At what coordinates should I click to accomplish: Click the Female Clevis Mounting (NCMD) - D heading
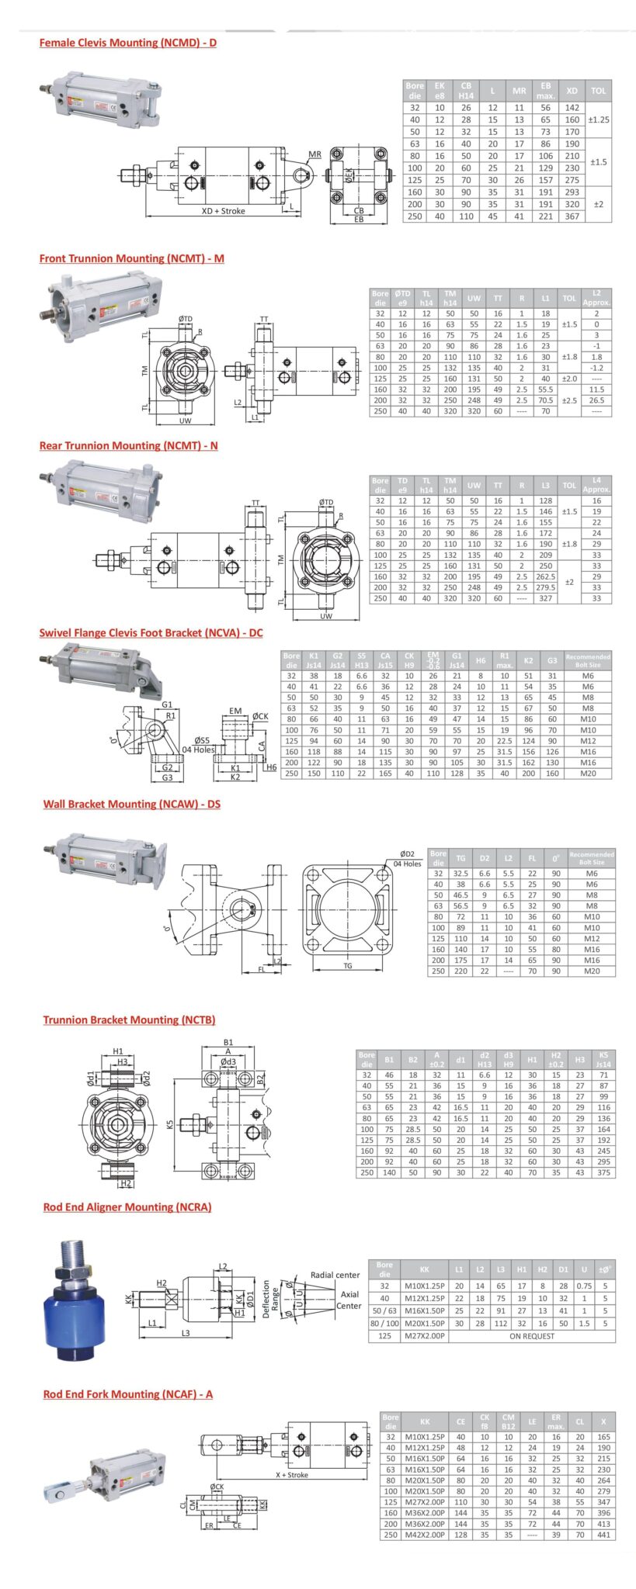(x=127, y=43)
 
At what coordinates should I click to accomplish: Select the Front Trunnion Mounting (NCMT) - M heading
(x=131, y=258)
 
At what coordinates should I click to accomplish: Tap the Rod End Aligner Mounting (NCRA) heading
(x=127, y=1206)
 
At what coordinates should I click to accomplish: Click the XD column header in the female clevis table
(x=572, y=91)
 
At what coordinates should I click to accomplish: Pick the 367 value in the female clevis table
(x=572, y=216)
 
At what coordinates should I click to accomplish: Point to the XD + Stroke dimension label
(x=223, y=211)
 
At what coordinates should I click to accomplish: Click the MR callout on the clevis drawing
(x=315, y=154)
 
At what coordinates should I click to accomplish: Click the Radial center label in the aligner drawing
(x=335, y=1275)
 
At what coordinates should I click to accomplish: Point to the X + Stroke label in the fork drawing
(x=291, y=1475)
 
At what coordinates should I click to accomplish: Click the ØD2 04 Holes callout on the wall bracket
(x=407, y=858)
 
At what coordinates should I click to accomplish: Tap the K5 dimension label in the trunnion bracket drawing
(x=170, y=1123)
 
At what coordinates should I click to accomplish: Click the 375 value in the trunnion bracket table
(x=603, y=1172)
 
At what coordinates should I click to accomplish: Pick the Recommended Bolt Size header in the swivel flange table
(x=587, y=660)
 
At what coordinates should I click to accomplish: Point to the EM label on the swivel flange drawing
(x=235, y=711)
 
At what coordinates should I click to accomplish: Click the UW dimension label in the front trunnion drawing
(x=185, y=421)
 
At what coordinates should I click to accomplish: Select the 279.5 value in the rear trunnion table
(x=545, y=587)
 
